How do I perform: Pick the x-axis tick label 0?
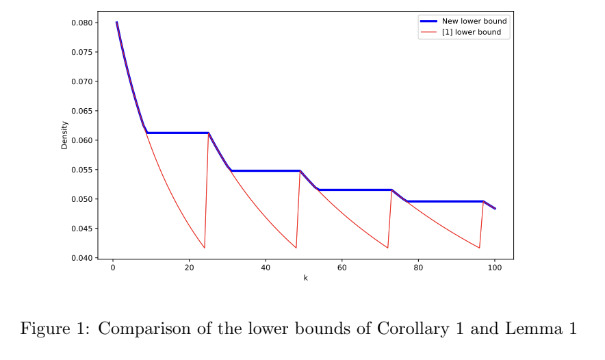[x=113, y=268]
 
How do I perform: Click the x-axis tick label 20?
[x=189, y=268]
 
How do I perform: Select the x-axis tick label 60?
[x=342, y=268]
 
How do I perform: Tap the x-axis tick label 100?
[x=495, y=268]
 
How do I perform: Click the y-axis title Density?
[x=65, y=135]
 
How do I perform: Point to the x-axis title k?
[x=305, y=278]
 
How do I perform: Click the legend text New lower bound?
[x=474, y=21]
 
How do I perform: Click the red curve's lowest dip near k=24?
[x=204, y=248]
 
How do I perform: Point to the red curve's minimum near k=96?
[x=479, y=248]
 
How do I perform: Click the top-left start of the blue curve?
[x=116, y=23]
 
